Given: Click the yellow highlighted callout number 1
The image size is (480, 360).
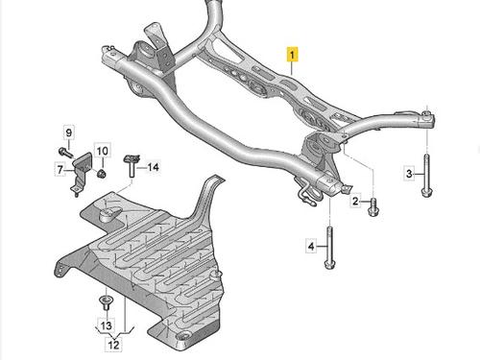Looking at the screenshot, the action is coord(292,54).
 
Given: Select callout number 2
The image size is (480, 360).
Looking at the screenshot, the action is coord(356,202).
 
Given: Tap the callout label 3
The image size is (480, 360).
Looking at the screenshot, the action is coord(409,174).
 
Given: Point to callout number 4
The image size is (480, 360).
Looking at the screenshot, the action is coord(311,246).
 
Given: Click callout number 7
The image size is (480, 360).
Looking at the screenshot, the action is coord(60,169).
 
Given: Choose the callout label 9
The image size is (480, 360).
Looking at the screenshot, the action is coord(69,132).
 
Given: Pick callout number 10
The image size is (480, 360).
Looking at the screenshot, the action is coord(103,150).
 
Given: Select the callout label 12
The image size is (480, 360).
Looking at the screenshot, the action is coord(113,345).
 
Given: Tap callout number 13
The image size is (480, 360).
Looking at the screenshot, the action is coord(107,325).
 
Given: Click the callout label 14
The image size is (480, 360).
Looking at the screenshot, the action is coord(154,167).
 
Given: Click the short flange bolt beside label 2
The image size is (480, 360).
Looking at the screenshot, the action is coord(373,207).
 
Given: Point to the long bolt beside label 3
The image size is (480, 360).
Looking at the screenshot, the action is coord(425,175).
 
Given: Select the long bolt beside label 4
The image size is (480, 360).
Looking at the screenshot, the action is coord(329,248).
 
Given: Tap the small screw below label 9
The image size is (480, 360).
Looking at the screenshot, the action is coord(65,152).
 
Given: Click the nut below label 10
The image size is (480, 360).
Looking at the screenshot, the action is coord(102,174).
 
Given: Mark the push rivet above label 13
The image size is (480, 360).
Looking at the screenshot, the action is coord(105,302).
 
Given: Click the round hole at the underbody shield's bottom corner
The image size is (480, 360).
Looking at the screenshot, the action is coord(184,338).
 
